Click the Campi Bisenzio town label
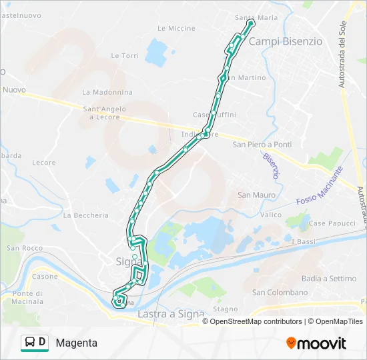click(285, 41)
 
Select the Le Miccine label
click(176, 29)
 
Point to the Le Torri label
click(125, 56)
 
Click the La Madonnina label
click(104, 92)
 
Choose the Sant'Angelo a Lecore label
click(101, 113)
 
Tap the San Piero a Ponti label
click(262, 145)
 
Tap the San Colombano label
click(280, 293)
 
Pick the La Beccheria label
click(85, 215)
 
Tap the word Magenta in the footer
click(77, 343)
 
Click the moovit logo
click(316, 343)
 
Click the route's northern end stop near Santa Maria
click(251, 23)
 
